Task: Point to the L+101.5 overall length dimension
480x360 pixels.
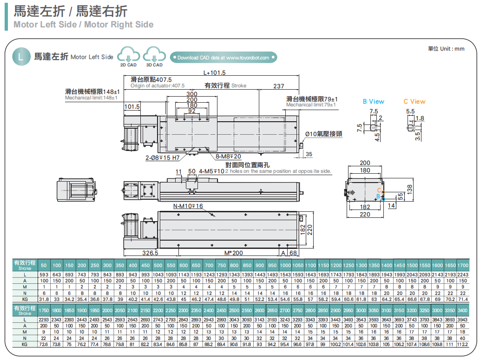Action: point(214,72)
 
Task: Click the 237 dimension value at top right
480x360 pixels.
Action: point(279,86)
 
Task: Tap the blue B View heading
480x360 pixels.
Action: point(374,101)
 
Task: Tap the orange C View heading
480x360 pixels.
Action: point(414,101)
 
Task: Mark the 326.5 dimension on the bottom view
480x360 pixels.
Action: point(150,253)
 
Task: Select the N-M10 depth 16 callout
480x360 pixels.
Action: point(188,206)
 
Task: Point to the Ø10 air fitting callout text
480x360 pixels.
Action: point(323,134)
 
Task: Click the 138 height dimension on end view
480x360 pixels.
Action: point(409,189)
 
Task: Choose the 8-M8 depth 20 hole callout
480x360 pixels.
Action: point(228,157)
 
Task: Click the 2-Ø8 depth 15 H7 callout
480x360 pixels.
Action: point(162,158)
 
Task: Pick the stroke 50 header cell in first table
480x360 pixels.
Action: point(44,265)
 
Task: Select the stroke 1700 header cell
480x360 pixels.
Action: point(463,265)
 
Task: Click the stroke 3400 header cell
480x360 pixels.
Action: point(463,310)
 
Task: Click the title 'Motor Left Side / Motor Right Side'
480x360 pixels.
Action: point(84,25)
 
